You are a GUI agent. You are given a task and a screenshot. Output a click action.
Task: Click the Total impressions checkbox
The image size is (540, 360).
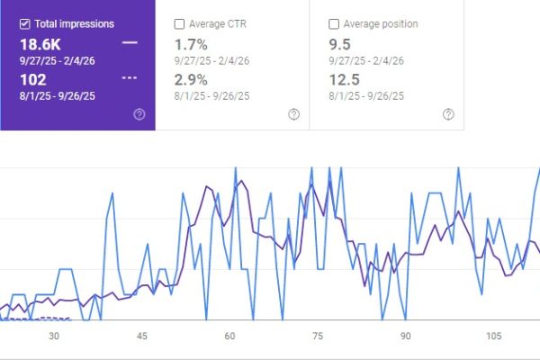pyautogui.click(x=23, y=23)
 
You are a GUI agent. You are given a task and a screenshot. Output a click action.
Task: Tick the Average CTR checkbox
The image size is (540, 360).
pyautogui.click(x=179, y=23)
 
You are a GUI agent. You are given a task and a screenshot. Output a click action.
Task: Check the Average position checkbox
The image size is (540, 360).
pyautogui.click(x=335, y=23)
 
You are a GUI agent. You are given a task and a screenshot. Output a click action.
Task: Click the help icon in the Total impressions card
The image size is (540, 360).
pyautogui.click(x=139, y=114)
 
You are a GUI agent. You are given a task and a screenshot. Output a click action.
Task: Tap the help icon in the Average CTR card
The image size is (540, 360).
pyautogui.click(x=293, y=114)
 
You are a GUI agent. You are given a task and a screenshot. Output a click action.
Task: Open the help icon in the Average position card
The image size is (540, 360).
pyautogui.click(x=448, y=114)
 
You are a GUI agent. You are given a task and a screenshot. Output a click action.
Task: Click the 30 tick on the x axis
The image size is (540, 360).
pyautogui.click(x=54, y=336)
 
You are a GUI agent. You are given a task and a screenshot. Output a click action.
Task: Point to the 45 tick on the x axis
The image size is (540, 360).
pyautogui.click(x=142, y=336)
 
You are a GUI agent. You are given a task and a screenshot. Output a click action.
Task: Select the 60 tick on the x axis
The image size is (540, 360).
pyautogui.click(x=230, y=336)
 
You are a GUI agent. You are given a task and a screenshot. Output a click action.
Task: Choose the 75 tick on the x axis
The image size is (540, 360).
pyautogui.click(x=318, y=336)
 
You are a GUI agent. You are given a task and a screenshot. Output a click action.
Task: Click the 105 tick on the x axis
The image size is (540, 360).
pyautogui.click(x=492, y=336)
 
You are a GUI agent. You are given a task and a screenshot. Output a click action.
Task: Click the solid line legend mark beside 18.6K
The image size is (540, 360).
pyautogui.click(x=130, y=42)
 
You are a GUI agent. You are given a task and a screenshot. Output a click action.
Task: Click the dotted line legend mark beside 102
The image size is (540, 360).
pyautogui.click(x=130, y=77)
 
